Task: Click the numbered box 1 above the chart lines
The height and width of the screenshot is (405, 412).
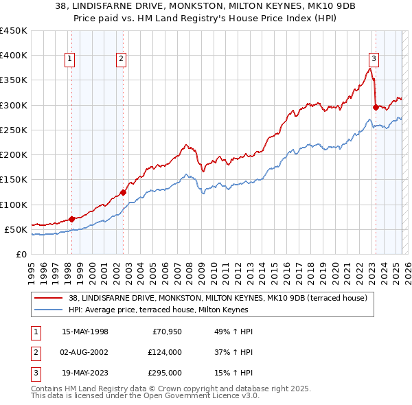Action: [x=71, y=60]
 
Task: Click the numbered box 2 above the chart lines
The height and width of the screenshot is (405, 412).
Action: [x=121, y=60]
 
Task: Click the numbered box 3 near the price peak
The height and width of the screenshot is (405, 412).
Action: [x=374, y=58]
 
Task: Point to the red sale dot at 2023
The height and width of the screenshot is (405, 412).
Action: [x=376, y=107]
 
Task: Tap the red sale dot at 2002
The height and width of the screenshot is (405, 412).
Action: [x=123, y=192]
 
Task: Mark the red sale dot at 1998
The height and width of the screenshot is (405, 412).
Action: [x=72, y=219]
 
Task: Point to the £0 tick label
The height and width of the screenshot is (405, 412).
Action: [x=21, y=254]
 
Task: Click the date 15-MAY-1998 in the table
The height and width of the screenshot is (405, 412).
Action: [x=84, y=332]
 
